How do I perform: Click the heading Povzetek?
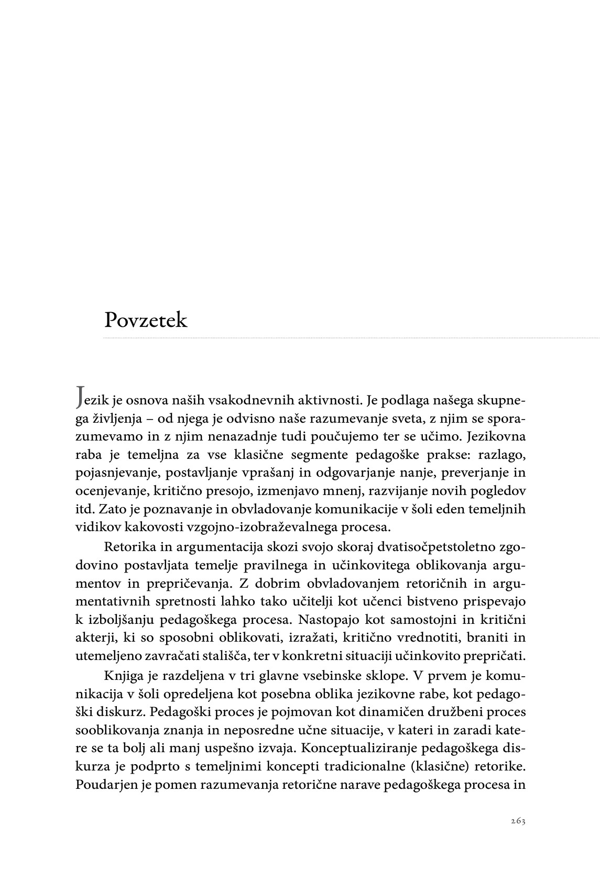145,319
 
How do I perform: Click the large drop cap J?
80,398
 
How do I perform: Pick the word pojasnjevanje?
113,473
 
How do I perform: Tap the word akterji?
92,638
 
